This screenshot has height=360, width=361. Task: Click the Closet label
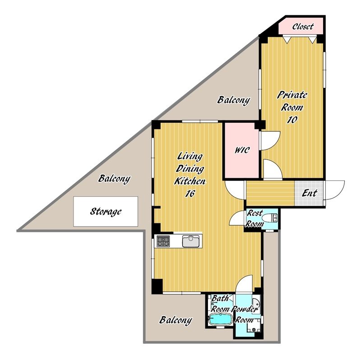click(303, 27)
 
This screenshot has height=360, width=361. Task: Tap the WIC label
click(242, 150)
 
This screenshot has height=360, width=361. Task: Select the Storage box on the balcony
click(106, 211)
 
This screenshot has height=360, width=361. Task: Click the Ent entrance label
click(310, 193)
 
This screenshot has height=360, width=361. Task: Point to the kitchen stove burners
click(163, 241)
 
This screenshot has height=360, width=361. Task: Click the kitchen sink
click(191, 241)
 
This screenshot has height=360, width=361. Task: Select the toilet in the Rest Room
click(272, 217)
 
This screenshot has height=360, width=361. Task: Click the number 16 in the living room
click(190, 194)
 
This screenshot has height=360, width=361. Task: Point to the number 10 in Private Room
click(292, 120)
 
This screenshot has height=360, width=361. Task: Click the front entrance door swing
click(334, 190)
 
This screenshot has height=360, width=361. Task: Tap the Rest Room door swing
click(236, 218)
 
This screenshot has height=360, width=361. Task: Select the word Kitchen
click(190, 181)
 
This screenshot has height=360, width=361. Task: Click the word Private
click(292, 95)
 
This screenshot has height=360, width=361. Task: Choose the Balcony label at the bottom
click(176, 320)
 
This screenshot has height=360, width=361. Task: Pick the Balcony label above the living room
click(234, 100)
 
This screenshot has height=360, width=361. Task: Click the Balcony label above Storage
click(114, 179)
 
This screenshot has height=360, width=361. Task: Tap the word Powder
click(245, 309)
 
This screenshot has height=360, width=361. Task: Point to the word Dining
click(190, 169)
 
